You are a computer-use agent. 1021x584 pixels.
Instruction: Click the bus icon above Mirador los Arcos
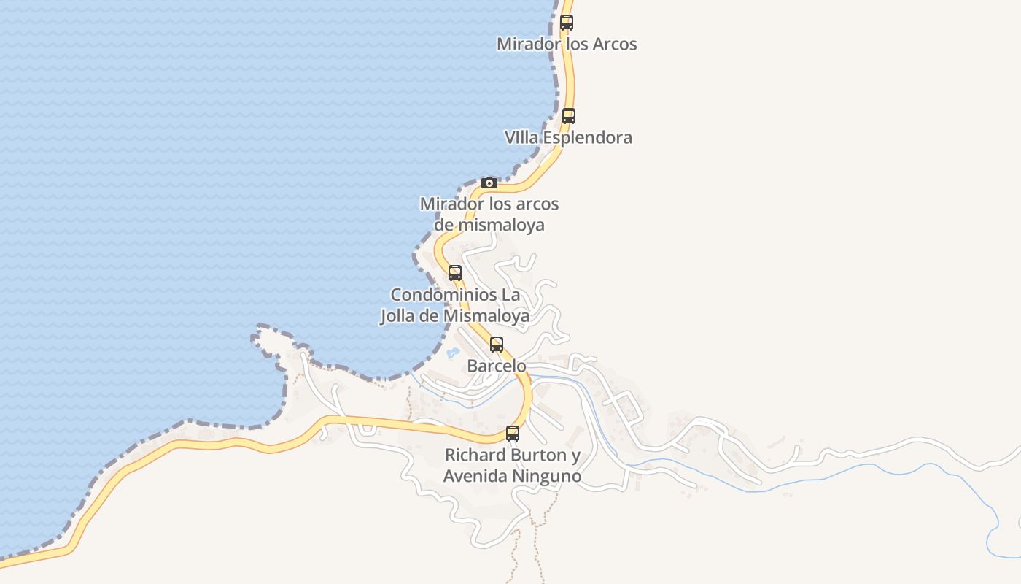567,23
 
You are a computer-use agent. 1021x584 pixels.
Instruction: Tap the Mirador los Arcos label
567,44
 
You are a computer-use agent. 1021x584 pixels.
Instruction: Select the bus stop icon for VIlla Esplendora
569,115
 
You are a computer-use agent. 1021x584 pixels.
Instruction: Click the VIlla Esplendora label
568,137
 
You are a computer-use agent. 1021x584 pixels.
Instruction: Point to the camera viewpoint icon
489,182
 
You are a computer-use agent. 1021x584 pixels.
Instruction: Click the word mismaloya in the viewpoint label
500,225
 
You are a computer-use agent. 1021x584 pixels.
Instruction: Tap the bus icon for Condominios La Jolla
455,273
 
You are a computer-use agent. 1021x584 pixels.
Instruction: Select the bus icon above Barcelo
497,345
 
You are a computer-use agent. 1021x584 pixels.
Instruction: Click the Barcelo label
497,366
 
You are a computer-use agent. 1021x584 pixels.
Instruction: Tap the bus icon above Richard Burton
513,434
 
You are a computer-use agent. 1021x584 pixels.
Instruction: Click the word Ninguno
546,477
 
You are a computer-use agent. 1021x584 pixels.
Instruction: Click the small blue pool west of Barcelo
453,353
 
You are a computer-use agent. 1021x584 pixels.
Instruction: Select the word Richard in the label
475,456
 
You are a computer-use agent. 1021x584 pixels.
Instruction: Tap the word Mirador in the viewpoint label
452,204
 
